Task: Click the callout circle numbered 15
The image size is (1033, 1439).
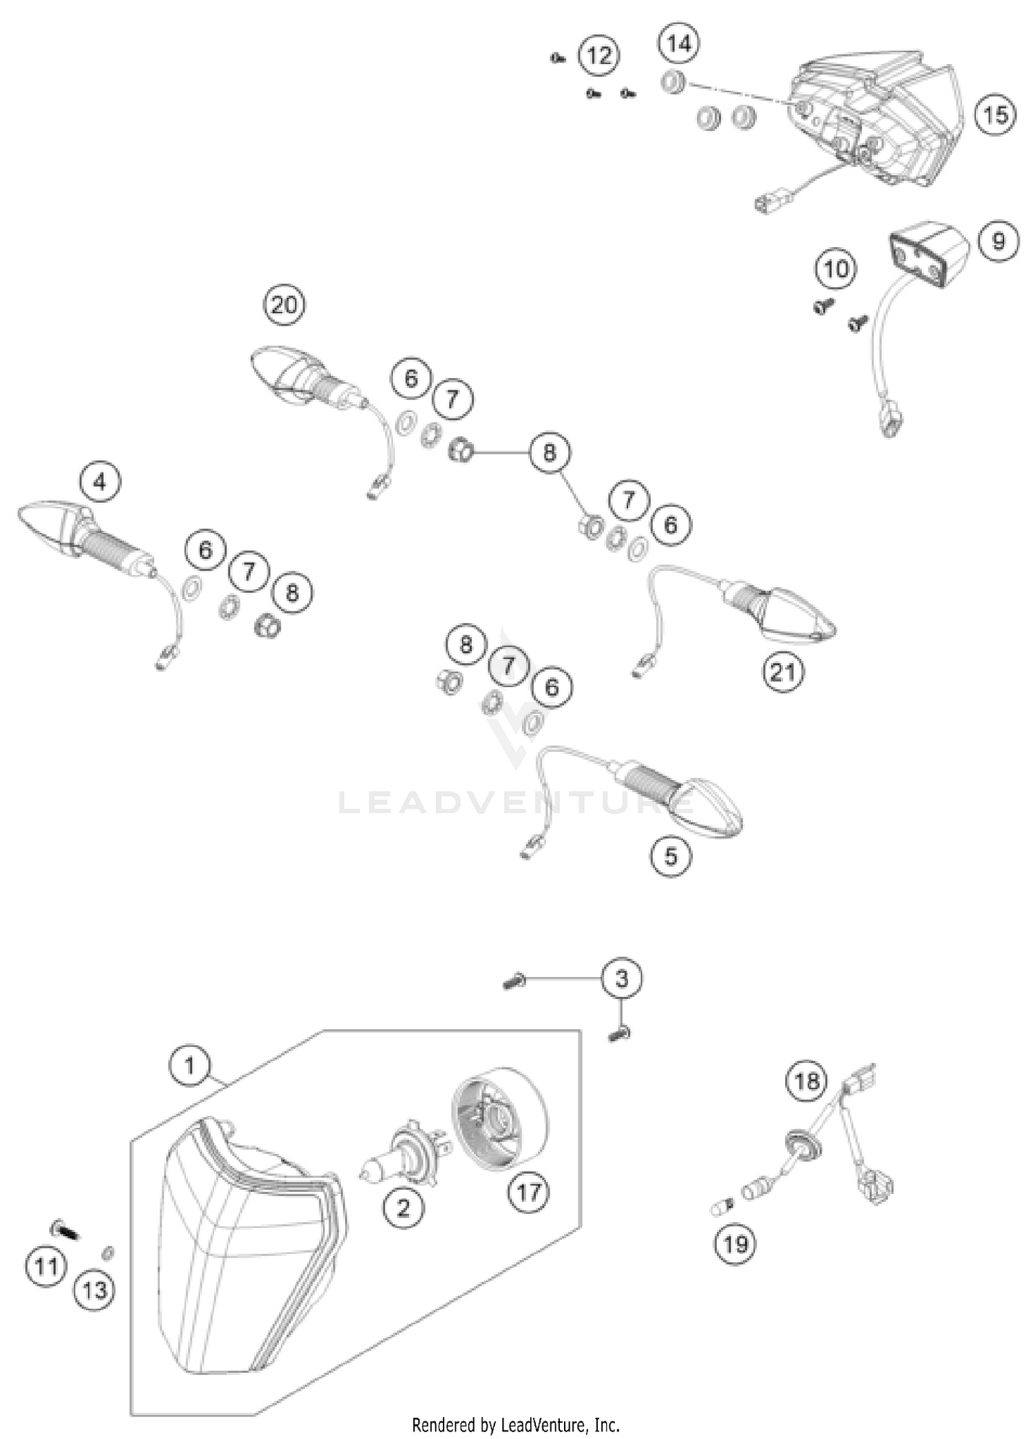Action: [x=995, y=114]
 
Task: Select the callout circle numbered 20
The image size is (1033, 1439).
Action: [x=284, y=304]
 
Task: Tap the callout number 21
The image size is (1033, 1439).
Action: [x=782, y=671]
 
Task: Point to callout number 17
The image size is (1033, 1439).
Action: [x=528, y=1191]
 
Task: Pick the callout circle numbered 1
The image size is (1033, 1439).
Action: [x=189, y=1067]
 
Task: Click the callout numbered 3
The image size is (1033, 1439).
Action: [x=621, y=978]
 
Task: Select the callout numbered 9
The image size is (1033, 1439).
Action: [x=998, y=241]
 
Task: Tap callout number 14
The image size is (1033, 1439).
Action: [x=678, y=44]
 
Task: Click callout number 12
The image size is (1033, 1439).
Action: [x=598, y=55]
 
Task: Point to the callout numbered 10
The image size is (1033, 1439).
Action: [x=836, y=269]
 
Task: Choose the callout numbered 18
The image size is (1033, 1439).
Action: [x=806, y=1082]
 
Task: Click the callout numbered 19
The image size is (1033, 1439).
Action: [x=735, y=1243]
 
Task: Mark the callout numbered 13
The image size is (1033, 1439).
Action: [x=94, y=1290]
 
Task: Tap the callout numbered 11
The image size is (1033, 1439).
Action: [x=46, y=1265]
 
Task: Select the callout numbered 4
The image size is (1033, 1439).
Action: [x=100, y=482]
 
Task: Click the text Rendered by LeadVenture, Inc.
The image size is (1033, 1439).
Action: [x=516, y=1424]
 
